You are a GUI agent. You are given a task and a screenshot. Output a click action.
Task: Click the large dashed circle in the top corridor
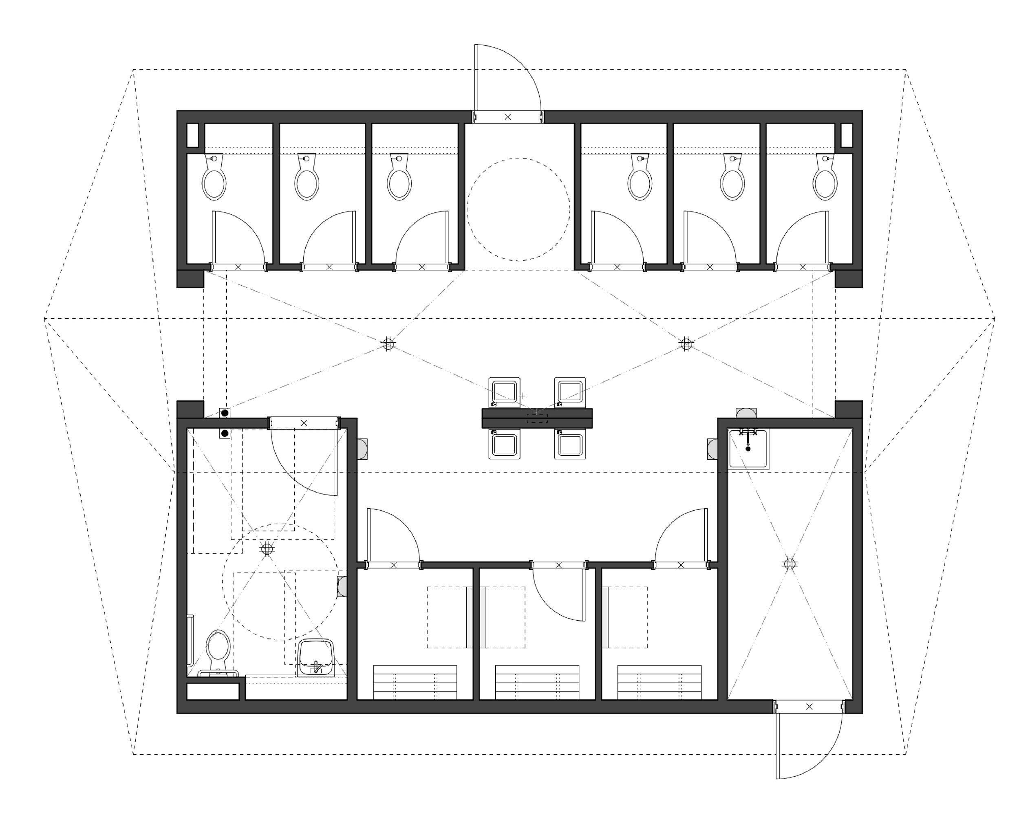pyautogui.click(x=518, y=209)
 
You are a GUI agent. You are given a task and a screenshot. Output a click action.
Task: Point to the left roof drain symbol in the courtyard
pyautogui.click(x=388, y=344)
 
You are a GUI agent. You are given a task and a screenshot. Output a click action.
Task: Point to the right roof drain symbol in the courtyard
pyautogui.click(x=686, y=344)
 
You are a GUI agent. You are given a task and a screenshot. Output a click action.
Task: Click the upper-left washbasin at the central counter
pyautogui.click(x=504, y=392)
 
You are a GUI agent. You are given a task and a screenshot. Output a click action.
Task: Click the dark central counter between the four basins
pyautogui.click(x=537, y=418)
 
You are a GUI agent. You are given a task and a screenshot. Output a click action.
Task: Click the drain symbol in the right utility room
pyautogui.click(x=789, y=564)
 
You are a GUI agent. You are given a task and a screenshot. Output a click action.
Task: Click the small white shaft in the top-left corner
pyautogui.click(x=192, y=135)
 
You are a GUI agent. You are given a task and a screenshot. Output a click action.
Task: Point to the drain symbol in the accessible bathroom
pyautogui.click(x=267, y=549)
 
